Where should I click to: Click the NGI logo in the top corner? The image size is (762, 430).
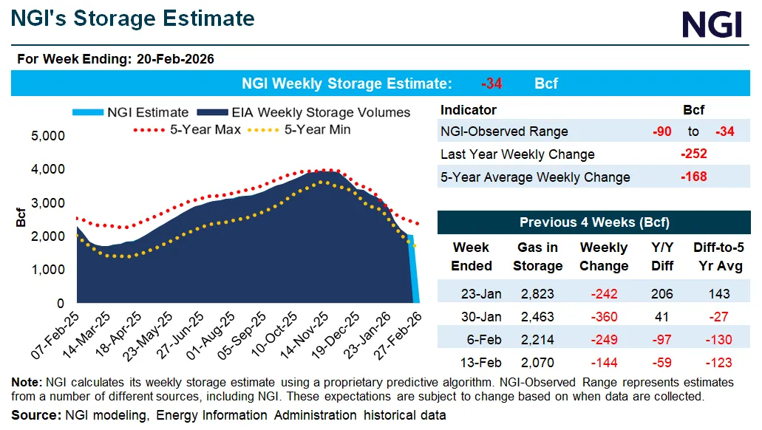[x=712, y=25]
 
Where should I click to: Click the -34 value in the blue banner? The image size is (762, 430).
[x=491, y=83]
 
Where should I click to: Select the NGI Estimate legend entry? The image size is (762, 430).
[x=132, y=112]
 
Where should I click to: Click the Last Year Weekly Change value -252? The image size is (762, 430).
[x=693, y=154]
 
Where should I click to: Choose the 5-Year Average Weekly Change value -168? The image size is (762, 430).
[x=693, y=177]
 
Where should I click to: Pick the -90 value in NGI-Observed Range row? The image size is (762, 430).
[x=661, y=132]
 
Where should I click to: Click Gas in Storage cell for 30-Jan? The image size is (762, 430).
[x=538, y=316]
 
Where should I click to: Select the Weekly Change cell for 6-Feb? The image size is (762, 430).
[x=604, y=339]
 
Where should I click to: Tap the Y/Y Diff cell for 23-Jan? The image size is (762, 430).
[x=661, y=293]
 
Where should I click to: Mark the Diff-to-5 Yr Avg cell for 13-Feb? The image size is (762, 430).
[x=718, y=362]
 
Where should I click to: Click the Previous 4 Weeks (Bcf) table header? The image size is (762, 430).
[x=594, y=222]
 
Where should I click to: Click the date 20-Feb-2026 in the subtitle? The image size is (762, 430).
[x=175, y=59]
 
